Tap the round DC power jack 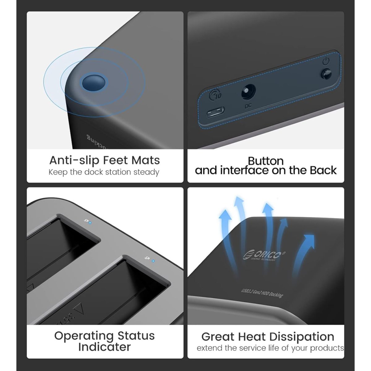(x=248, y=92)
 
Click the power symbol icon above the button (x=326, y=61)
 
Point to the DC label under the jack (x=248, y=106)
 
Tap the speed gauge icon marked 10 (x=215, y=95)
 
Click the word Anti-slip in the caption (x=74, y=160)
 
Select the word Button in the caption (x=266, y=161)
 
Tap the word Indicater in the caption (x=104, y=347)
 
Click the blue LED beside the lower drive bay (x=153, y=261)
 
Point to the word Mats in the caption (x=146, y=160)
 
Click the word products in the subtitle (x=327, y=348)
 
